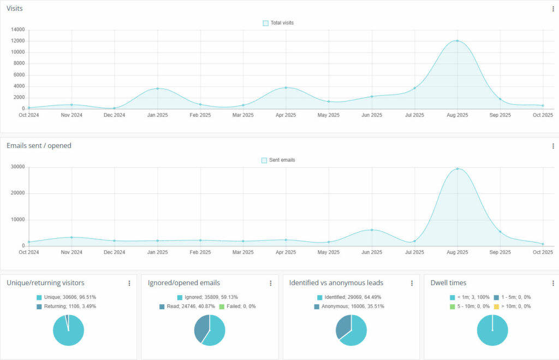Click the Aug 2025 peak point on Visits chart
[x=457, y=41]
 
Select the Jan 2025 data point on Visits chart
[x=158, y=88]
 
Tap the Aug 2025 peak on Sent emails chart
[x=457, y=169]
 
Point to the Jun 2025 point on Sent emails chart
[x=372, y=230]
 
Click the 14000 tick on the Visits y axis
[x=17, y=29]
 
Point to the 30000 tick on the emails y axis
[x=17, y=167]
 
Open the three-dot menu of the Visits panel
[x=553, y=9]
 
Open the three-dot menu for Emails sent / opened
[x=553, y=146]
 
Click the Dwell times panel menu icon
[x=553, y=283]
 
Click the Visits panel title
[x=15, y=9]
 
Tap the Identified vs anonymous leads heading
[x=336, y=283]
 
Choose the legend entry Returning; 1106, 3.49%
[x=68, y=306]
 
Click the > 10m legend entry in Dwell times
[x=513, y=306]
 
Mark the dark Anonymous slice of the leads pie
[x=343, y=326]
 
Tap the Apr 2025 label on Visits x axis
[x=286, y=115]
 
